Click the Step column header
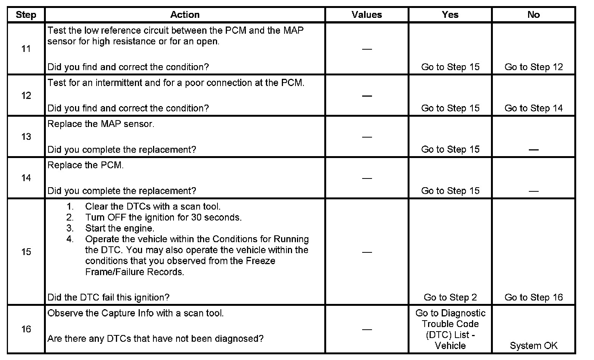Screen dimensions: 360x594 [x=26, y=15]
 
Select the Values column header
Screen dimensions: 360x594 [x=366, y=15]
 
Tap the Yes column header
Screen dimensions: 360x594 [x=450, y=15]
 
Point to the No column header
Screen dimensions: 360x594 [x=533, y=15]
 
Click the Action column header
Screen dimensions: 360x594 [x=184, y=15]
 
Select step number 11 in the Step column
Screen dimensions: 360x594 [x=26, y=49]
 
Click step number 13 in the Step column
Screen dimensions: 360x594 [x=26, y=136]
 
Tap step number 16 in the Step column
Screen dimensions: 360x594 [x=26, y=329]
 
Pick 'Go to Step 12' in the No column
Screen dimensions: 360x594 [x=533, y=67]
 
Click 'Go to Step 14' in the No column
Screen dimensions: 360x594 [x=533, y=108]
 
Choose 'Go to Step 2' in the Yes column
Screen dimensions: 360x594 [x=450, y=297]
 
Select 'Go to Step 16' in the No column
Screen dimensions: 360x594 [x=533, y=297]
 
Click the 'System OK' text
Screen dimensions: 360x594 [x=533, y=346]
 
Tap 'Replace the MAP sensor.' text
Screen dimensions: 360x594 [x=101, y=124]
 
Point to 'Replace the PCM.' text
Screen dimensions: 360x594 [x=86, y=165]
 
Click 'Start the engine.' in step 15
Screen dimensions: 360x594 [x=119, y=228]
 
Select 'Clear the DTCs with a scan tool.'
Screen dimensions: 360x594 [x=153, y=207]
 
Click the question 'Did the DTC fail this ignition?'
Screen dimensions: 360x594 [x=108, y=297]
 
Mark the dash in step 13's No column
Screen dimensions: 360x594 [x=533, y=150]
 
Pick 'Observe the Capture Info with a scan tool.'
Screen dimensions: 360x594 [x=135, y=313]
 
